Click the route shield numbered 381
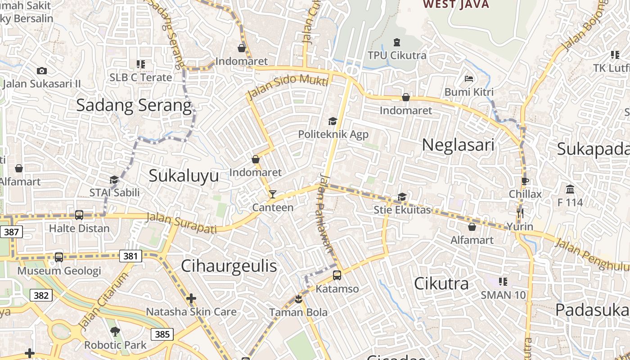130,256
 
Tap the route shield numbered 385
162,334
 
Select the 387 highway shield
11,232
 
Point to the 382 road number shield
41,295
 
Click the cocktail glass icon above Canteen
272,194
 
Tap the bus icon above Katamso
337,275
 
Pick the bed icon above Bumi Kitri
469,79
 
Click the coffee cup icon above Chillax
525,181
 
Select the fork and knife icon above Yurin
520,213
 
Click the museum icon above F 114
570,189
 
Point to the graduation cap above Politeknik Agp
333,121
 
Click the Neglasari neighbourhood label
458,145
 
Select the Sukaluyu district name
184,175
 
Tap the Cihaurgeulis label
229,266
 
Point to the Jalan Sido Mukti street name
288,85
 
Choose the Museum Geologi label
59,271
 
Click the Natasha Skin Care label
191,311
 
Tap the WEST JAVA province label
456,4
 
